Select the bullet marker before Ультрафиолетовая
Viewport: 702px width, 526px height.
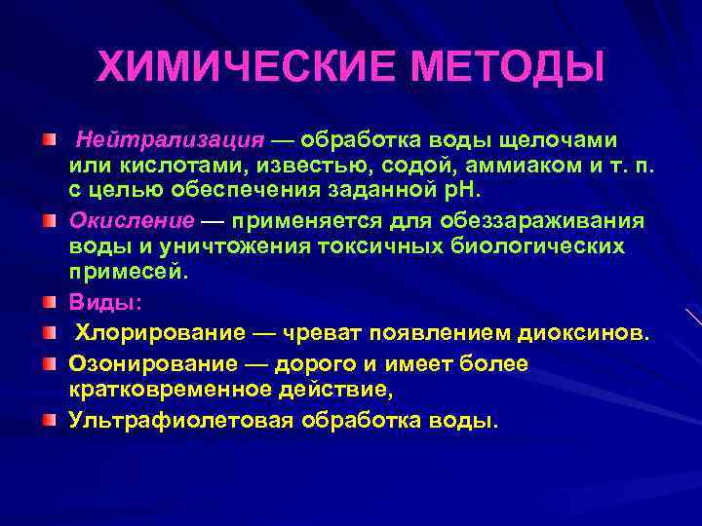[50, 421]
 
